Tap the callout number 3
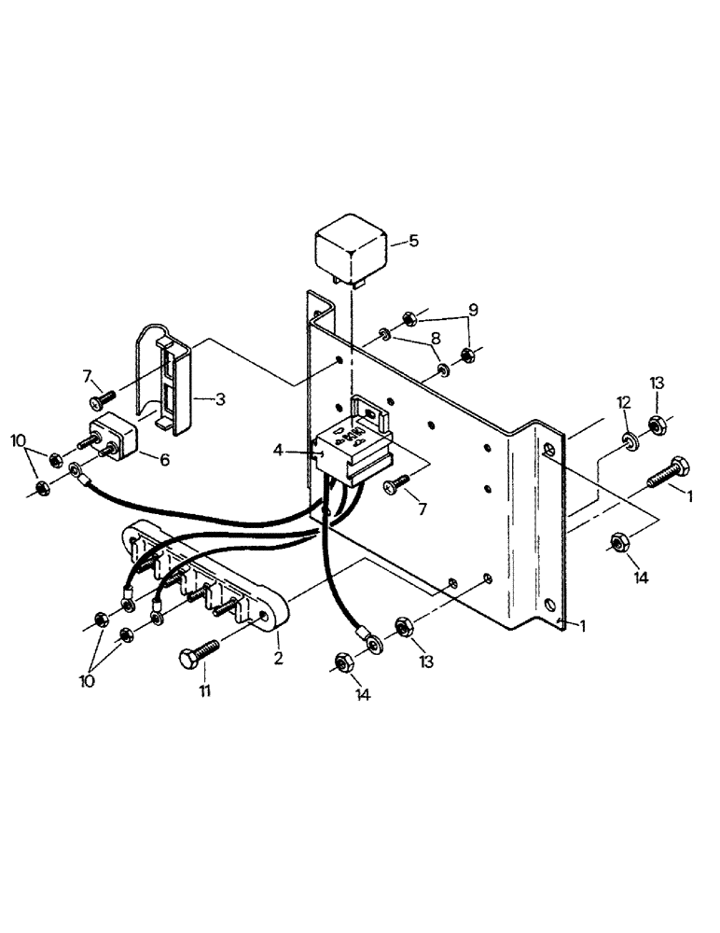pos(221,398)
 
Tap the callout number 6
pos(166,460)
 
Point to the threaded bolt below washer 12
pos(668,471)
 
